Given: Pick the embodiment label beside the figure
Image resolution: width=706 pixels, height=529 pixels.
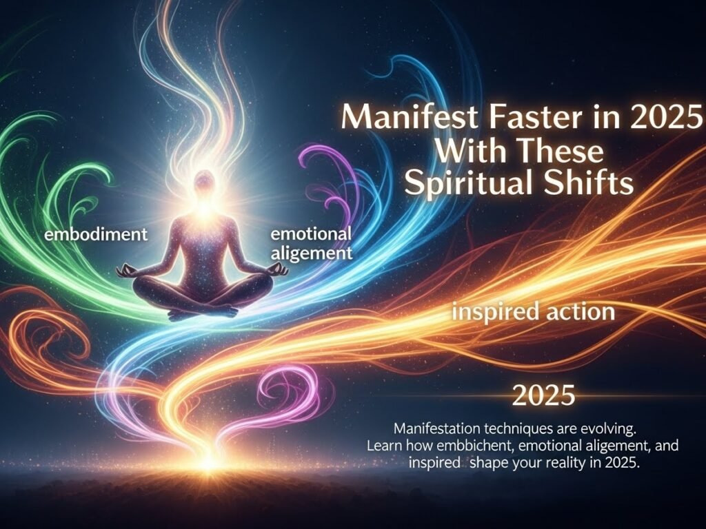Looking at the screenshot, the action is coord(97,234).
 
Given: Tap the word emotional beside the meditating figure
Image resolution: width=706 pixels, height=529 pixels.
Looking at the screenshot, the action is coord(311,234).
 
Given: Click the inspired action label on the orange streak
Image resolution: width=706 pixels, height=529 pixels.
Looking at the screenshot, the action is coord(533,312).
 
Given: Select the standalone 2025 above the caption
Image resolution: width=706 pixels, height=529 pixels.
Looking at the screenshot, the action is coord(543,396).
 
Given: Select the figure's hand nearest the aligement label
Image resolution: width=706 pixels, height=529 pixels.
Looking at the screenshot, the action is coord(278,270).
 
